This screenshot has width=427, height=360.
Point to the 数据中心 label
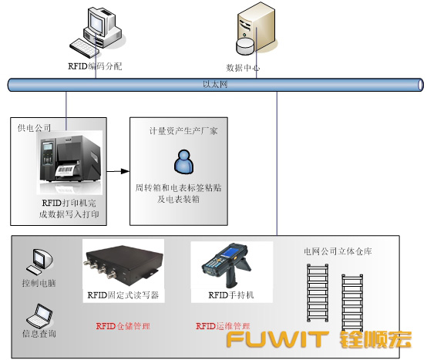[x=242, y=68]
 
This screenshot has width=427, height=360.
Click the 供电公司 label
[x=34, y=127]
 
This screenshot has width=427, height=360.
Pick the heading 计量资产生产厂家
[x=183, y=131]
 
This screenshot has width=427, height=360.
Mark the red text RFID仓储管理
[x=123, y=326]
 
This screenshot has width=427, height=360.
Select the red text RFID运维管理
[x=224, y=326]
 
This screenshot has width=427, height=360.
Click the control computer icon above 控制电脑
[x=36, y=263]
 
